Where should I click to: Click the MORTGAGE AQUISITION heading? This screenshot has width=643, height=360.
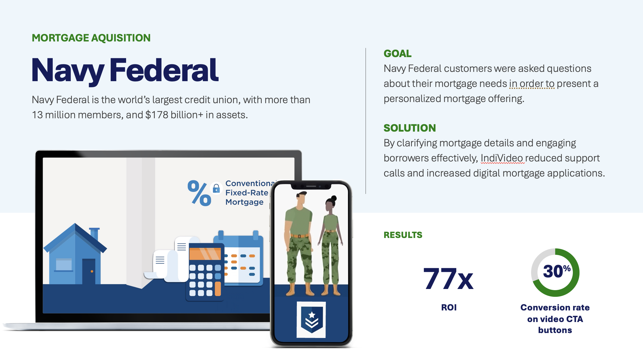tap(91, 38)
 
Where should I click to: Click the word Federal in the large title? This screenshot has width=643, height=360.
tap(164, 70)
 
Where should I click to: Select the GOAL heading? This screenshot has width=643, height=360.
tap(397, 54)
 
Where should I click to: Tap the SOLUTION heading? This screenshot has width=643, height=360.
tap(410, 128)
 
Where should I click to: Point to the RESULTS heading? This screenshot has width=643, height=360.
tap(403, 235)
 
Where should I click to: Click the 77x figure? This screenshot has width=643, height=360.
tap(448, 279)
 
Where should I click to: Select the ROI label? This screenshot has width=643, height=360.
tap(449, 307)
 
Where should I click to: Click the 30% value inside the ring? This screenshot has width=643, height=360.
tap(557, 271)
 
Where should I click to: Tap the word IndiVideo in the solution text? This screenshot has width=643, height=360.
tap(502, 158)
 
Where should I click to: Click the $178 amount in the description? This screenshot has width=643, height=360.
tap(157, 115)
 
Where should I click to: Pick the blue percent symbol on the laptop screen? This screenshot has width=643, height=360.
tap(199, 193)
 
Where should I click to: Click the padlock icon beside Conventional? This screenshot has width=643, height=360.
tap(216, 189)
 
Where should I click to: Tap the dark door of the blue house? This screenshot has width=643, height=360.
tap(89, 271)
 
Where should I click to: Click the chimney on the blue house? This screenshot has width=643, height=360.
tap(95, 234)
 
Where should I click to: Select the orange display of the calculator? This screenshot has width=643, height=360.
tap(205, 254)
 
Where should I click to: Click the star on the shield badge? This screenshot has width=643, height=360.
tap(312, 314)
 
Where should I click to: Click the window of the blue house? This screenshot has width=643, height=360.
tap(64, 264)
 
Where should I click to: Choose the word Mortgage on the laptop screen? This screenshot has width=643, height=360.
tap(244, 202)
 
